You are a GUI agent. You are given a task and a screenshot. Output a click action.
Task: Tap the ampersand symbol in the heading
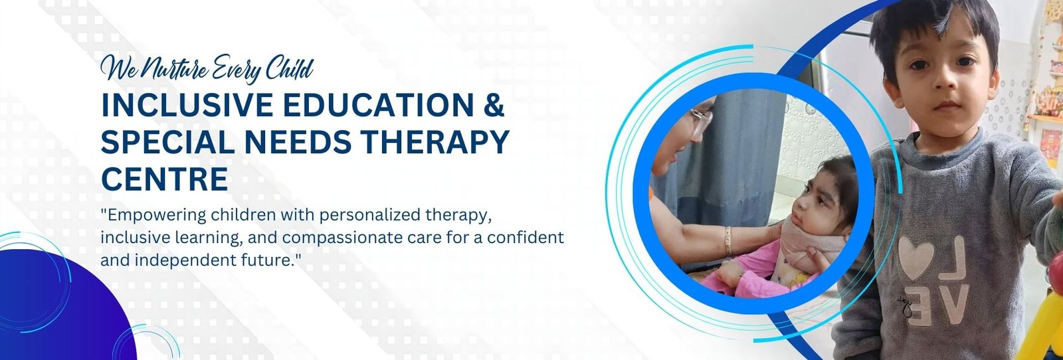[x=494, y=105]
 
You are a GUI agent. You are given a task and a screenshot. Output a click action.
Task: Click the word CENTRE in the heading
[x=165, y=179]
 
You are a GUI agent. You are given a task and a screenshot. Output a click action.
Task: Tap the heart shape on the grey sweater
[x=916, y=257]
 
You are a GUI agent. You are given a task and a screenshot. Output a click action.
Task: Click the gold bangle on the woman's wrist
[x=728, y=241]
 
